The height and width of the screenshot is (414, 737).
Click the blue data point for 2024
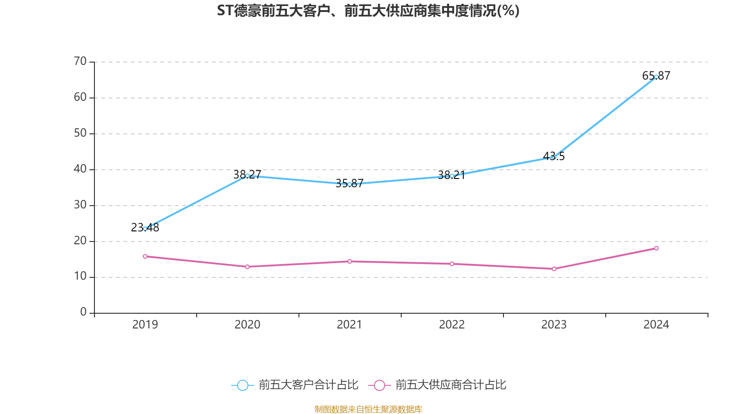pos(656,77)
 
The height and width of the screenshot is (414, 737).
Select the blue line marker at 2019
pos(145,229)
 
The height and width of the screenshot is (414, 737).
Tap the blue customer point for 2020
pos(247,176)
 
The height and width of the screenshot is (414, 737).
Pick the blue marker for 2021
pos(350,184)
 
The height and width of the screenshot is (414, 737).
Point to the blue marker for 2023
pos(554,157)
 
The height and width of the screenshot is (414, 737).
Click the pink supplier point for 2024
pos(656,248)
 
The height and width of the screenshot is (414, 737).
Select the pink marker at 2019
pos(145,256)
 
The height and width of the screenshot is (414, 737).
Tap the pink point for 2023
pos(554,269)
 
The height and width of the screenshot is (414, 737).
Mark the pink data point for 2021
pos(350,261)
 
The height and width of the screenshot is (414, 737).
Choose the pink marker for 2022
pos(452,264)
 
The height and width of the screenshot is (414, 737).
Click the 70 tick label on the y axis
pos(80,61)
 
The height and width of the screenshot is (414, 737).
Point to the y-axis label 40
pos(80,169)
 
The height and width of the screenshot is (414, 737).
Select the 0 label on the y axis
pos(83,312)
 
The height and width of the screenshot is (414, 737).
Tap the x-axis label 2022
pos(452,325)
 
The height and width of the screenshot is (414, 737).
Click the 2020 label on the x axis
pos(247,325)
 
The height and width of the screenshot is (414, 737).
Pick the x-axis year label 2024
pos(656,325)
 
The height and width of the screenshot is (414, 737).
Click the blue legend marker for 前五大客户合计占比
pos(242,385)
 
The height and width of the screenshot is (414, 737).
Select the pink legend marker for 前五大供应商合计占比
pos(379,385)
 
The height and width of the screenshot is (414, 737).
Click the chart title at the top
pos(368,11)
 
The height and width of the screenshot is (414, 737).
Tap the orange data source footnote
pos(368,409)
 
